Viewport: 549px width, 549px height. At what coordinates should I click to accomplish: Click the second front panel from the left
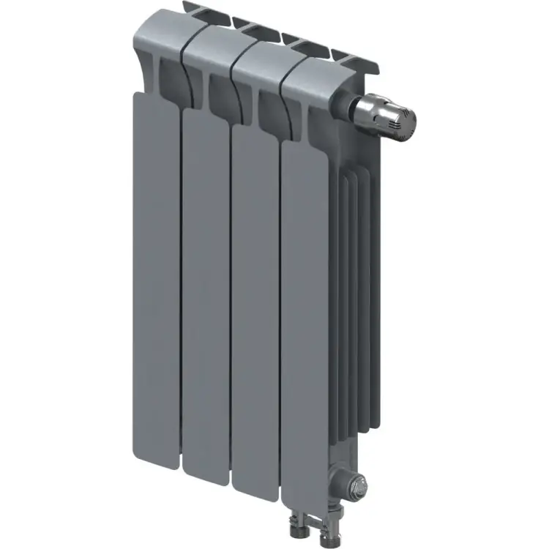coord(206,293)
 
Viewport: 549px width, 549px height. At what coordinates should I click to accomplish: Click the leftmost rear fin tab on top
coord(192,10)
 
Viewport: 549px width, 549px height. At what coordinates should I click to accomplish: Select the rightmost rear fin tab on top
coord(352,56)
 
